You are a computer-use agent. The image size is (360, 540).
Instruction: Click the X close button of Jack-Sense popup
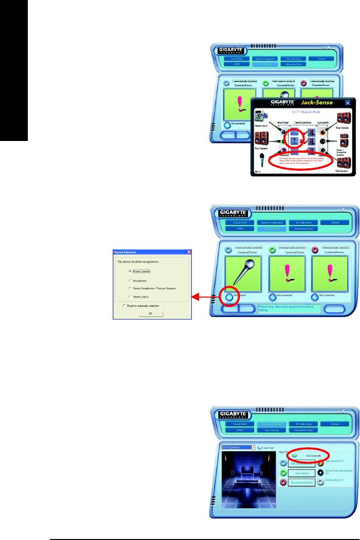tap(348, 103)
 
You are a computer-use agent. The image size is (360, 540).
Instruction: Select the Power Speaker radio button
tap(130, 271)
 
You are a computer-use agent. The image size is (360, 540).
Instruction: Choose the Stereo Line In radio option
tap(130, 297)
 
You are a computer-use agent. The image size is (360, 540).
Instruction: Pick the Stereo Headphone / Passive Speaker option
tap(130, 288)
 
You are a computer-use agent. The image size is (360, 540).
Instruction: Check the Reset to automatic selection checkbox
tap(124, 306)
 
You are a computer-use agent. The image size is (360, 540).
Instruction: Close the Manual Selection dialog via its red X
tap(188, 252)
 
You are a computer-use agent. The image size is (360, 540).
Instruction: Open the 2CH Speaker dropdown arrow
tap(254, 447)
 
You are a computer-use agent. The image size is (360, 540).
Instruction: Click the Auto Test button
tap(260, 447)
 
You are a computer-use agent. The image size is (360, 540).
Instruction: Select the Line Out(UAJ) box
tap(297, 473)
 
